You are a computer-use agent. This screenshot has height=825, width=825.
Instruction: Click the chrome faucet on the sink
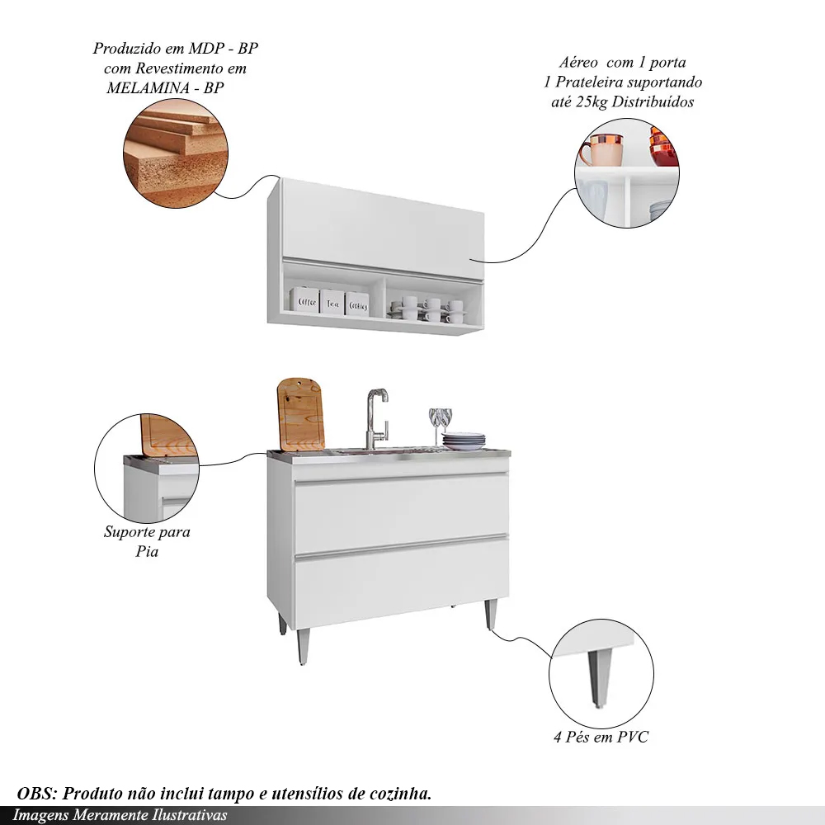coord(377,419)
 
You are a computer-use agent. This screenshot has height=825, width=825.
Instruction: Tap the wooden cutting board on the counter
coord(300,415)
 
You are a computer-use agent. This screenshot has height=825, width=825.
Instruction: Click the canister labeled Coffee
coord(304,300)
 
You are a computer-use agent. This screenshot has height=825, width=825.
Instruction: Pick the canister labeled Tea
coord(332,302)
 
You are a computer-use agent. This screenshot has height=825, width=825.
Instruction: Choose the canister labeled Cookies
coord(356,304)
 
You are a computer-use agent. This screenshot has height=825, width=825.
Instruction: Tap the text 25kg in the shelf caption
coord(592,102)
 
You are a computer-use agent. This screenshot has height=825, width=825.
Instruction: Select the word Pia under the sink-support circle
coord(147,552)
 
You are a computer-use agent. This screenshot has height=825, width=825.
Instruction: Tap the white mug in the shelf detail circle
coord(601,150)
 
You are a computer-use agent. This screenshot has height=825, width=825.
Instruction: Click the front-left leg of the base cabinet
coord(303,647)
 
